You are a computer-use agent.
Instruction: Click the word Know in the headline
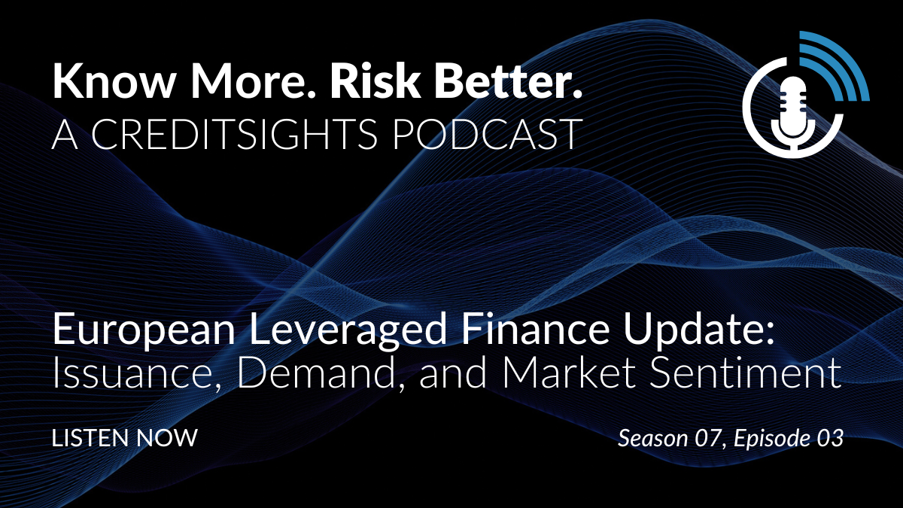[114, 81]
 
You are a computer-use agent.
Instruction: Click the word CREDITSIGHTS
[234, 134]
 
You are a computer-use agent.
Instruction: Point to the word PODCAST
[487, 134]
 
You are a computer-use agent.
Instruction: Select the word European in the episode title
[144, 330]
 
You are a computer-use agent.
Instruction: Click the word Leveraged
[348, 330]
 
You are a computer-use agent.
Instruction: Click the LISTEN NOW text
[125, 438]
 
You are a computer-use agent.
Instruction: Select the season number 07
[707, 438]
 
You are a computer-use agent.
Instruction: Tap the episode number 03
[830, 438]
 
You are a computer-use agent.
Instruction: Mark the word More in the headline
[253, 81]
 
